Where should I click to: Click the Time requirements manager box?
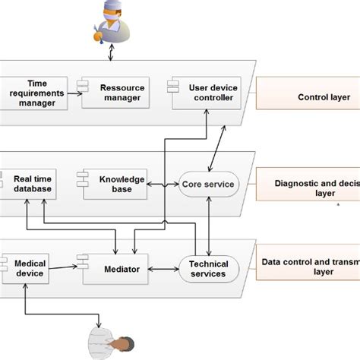click(x=30, y=93)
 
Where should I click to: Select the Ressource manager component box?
click(x=113, y=93)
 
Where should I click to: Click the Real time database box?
click(x=31, y=184)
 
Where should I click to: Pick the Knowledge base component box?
click(x=114, y=184)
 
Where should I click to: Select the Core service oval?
click(x=207, y=184)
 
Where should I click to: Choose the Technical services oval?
click(x=207, y=269)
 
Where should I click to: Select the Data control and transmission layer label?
click(x=308, y=268)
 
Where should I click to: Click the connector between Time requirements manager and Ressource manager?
click(x=68, y=93)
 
